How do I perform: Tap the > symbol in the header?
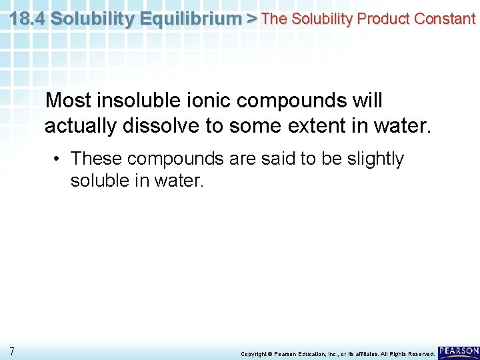coord(251,18)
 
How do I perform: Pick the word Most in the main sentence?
coord(68,101)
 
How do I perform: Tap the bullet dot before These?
coord(59,159)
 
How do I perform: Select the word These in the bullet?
coord(97,159)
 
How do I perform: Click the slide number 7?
coord(12,351)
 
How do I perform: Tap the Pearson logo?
coord(459,351)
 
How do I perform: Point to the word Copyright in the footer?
coord(254,353)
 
